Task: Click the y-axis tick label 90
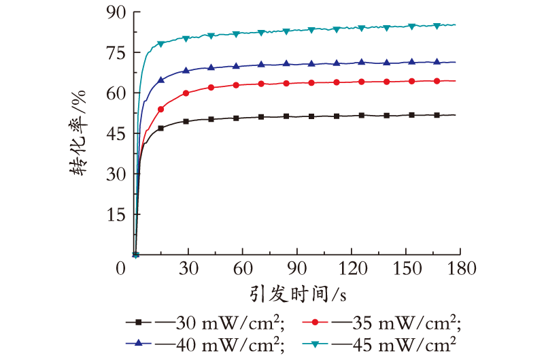(116, 12)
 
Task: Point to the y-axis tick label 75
(116, 53)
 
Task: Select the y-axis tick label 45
(116, 134)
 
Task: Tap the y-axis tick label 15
(116, 215)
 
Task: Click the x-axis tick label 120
(352, 268)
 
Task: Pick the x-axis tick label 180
(462, 268)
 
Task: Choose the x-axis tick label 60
(243, 268)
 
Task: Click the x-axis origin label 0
(120, 268)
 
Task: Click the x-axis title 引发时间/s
(299, 295)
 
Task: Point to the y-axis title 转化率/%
(78, 133)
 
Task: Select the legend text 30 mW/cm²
(230, 323)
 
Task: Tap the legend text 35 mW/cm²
(407, 323)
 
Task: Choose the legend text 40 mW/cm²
(230, 344)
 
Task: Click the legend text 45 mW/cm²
(404, 344)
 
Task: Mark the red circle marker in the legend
(315, 323)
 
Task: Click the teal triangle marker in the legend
(315, 344)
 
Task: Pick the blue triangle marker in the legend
(139, 343)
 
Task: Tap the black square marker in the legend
(139, 323)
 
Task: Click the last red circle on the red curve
(437, 81)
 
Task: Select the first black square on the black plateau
(160, 128)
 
